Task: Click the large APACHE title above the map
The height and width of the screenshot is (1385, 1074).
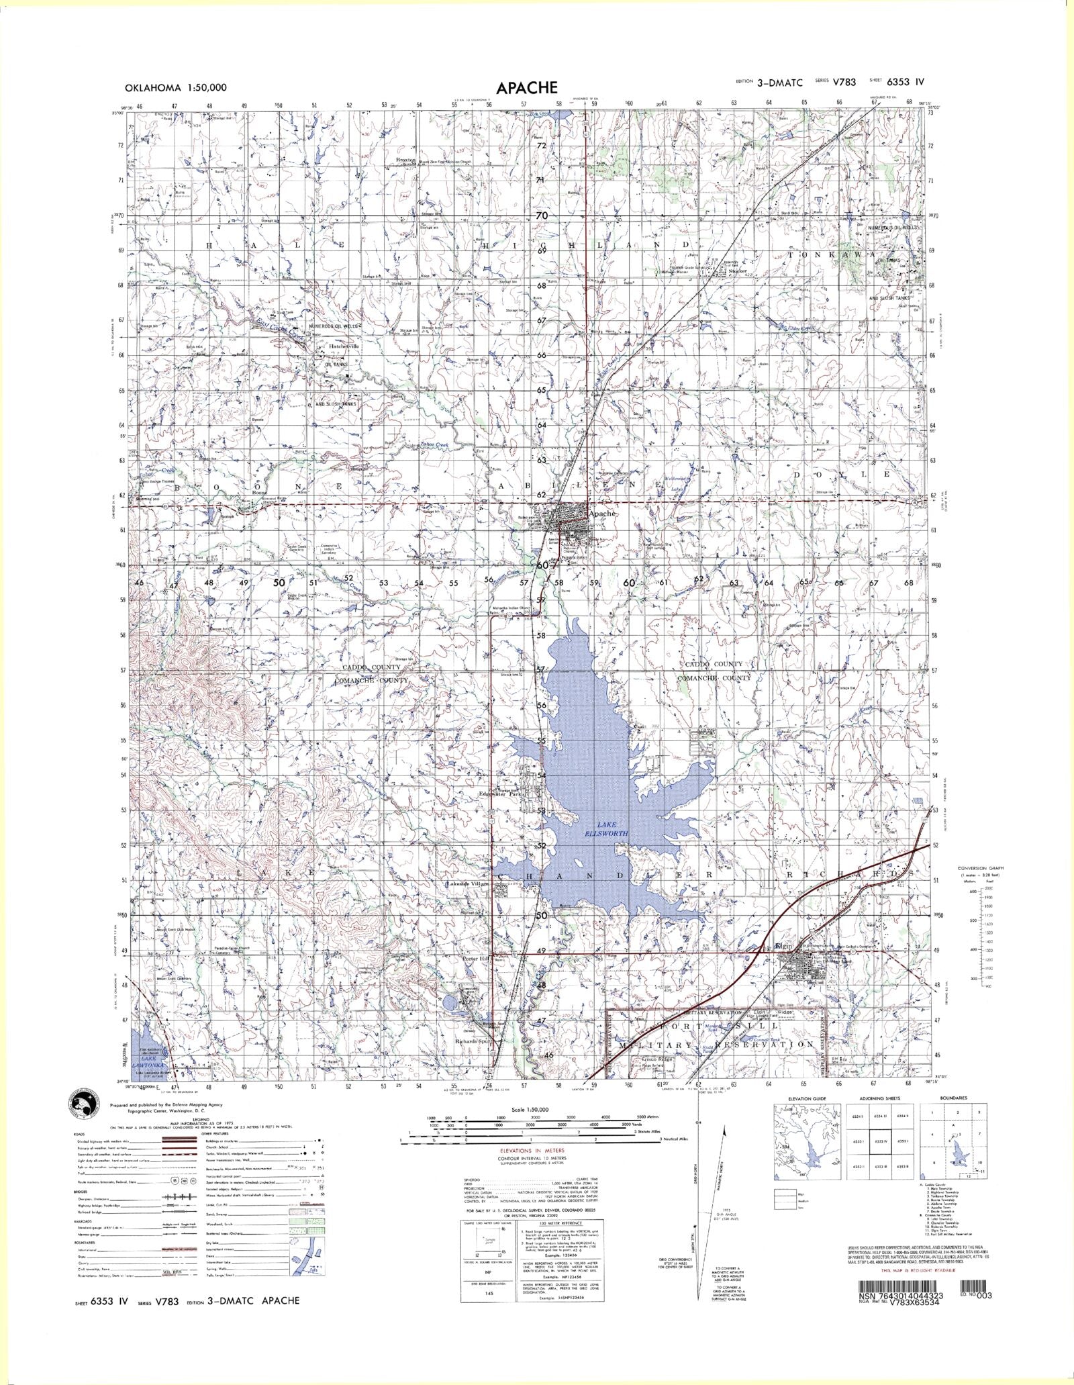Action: [x=527, y=88]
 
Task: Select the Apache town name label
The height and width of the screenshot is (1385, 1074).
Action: [x=601, y=514]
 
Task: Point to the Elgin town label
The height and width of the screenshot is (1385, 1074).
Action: [x=783, y=947]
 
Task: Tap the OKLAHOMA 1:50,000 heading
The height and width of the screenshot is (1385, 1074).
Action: [x=175, y=87]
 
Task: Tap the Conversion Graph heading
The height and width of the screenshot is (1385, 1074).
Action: [x=985, y=868]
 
